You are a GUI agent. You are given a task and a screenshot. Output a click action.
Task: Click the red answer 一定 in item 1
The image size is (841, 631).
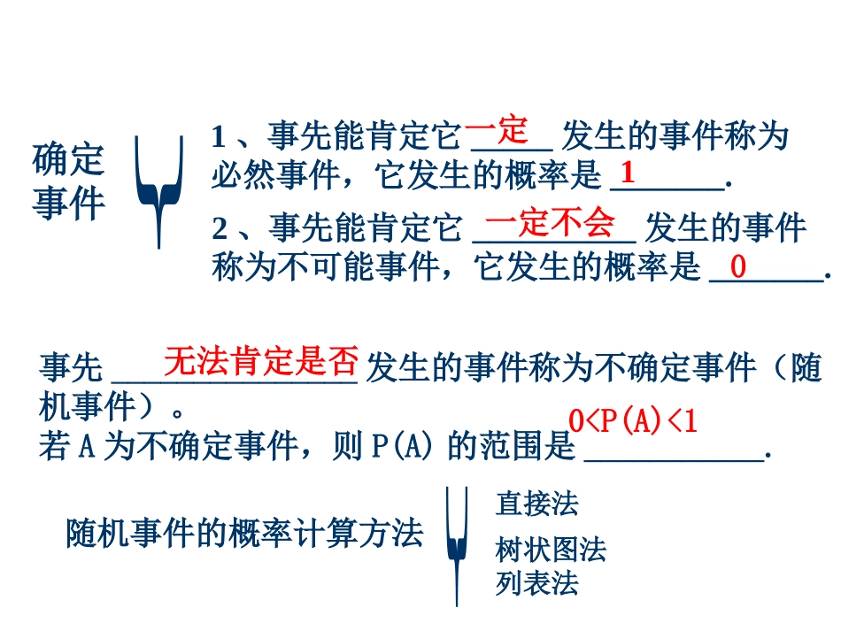coord(497,133)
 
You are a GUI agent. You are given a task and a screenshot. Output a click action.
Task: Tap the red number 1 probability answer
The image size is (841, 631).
coord(628,171)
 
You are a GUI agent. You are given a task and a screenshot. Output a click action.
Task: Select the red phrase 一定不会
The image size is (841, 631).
coord(550,224)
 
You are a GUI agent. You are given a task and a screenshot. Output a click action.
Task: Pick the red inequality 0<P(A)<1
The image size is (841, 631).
coord(633,421)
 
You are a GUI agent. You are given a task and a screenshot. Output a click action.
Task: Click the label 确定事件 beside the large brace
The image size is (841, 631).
coord(68,181)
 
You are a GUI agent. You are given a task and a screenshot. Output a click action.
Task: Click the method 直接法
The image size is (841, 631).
coord(536,504)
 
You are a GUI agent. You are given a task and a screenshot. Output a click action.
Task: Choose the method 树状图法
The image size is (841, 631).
coord(551,550)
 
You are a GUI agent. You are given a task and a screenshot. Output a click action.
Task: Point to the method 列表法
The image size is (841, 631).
coord(536,584)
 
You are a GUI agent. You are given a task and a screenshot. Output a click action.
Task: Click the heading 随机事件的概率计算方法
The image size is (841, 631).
coord(244,534)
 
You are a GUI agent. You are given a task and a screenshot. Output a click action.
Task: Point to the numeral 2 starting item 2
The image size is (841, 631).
coord(220,230)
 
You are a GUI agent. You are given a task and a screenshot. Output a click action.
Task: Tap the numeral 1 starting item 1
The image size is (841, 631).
coord(219,137)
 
